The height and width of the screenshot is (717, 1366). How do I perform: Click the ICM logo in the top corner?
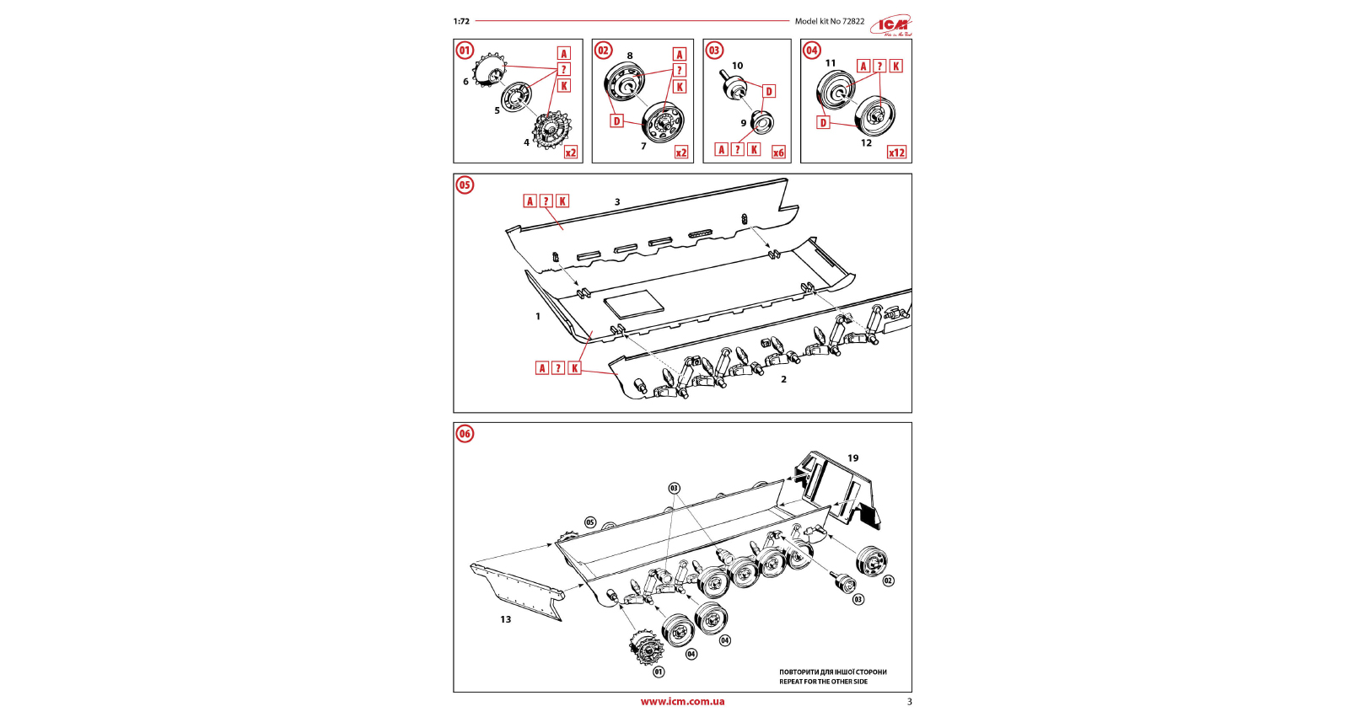(892, 25)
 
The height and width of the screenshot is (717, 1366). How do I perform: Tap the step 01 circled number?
(465, 51)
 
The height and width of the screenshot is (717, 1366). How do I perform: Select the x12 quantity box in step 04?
(896, 152)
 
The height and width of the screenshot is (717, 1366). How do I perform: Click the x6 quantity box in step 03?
(778, 152)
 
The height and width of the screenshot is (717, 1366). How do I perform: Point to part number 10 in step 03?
(737, 66)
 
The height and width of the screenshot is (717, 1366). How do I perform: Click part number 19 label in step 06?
(853, 458)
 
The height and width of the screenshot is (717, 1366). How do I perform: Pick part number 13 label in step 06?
(506, 619)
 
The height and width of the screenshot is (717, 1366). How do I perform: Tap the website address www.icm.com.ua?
(682, 701)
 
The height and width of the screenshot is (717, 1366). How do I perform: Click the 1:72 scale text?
(461, 21)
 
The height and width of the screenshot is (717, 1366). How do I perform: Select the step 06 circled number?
(465, 434)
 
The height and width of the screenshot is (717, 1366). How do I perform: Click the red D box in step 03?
(768, 91)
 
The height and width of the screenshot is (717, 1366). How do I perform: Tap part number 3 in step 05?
(617, 202)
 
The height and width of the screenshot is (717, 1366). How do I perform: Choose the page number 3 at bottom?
(909, 701)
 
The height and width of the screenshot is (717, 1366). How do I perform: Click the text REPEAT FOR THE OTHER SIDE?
(823, 682)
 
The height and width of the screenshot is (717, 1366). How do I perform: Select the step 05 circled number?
(465, 185)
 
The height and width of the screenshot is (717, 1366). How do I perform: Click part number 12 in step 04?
(866, 143)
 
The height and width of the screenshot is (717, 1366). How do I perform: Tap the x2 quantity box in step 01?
(571, 152)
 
